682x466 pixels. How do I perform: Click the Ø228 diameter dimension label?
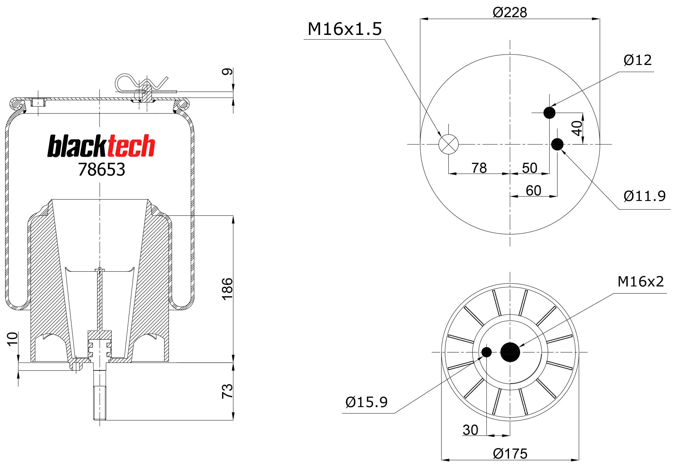tap(510, 12)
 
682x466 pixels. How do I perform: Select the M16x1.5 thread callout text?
tap(344, 29)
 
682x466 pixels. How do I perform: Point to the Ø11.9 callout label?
tap(645, 196)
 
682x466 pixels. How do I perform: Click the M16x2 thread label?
tap(641, 281)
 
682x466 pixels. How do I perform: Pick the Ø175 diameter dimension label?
tap(510, 454)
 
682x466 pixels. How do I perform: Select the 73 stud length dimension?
tap(227, 391)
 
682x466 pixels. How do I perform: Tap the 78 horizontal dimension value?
tap(479, 168)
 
